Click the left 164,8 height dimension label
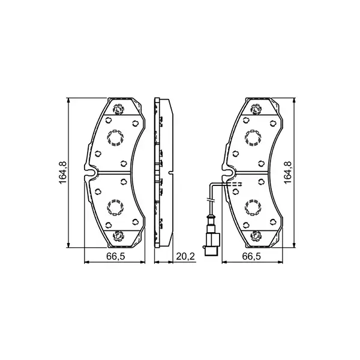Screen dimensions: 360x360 click(62, 173)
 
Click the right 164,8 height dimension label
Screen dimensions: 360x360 click(287, 173)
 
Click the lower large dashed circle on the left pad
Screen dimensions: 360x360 click(115, 208)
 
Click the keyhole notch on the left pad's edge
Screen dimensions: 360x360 click(92, 173)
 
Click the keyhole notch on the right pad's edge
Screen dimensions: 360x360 click(229, 173)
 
